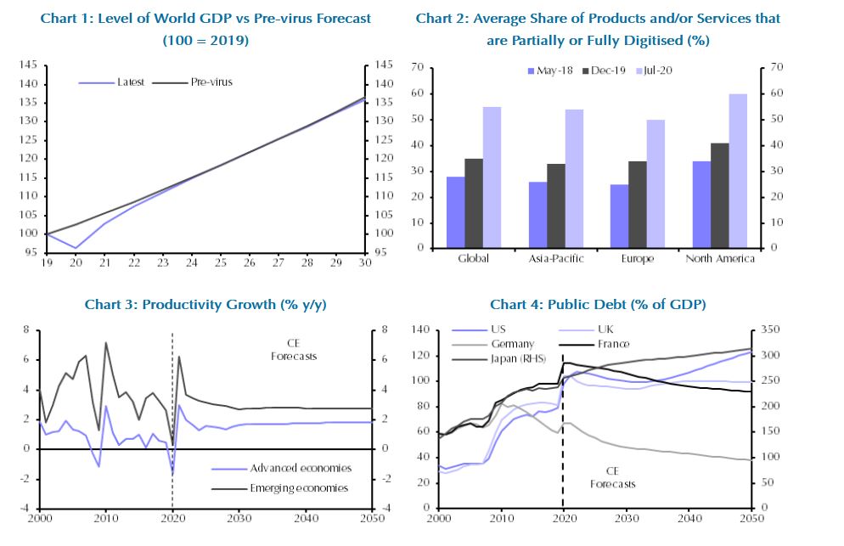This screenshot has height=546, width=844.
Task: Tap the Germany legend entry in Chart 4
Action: click(x=492, y=344)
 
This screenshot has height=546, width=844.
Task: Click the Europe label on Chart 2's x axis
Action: click(x=637, y=259)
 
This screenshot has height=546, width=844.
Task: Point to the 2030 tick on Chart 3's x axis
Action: click(x=239, y=518)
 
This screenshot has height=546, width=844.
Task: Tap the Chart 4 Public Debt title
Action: click(x=598, y=304)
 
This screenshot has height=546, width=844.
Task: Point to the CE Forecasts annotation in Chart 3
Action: click(x=294, y=350)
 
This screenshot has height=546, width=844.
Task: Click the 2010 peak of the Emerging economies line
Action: click(x=105, y=343)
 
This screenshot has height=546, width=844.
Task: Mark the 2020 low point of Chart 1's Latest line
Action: click(x=76, y=248)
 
